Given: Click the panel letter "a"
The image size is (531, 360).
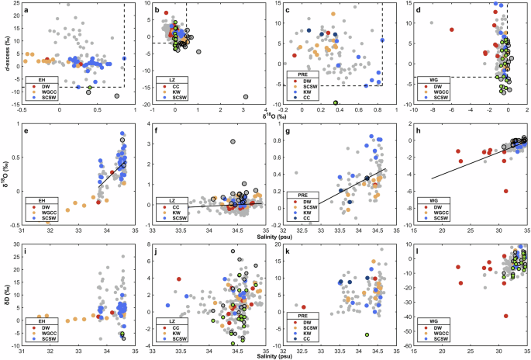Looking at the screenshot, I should pyautogui.click(x=26, y=11).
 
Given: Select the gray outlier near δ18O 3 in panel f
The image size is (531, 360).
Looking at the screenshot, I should pyautogui.click(x=233, y=141).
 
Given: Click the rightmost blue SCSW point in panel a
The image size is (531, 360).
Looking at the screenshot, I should pyautogui.click(x=124, y=58).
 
